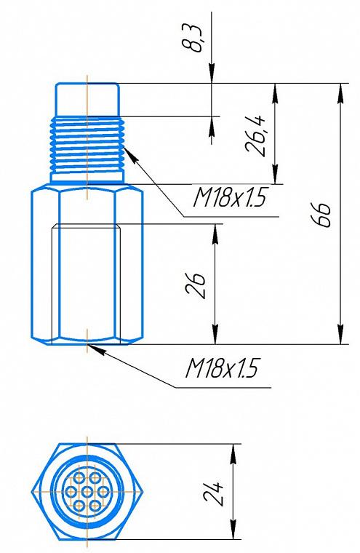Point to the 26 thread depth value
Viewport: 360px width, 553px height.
coord(195,285)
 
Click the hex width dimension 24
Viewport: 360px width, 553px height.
coord(213,492)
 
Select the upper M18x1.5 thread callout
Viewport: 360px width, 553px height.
coord(229,196)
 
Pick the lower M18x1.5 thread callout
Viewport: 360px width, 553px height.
coord(222,368)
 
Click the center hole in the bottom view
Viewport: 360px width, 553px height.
coord(87,492)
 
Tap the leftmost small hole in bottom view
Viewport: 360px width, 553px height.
coord(71,492)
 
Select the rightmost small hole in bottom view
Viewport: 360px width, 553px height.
coord(103,492)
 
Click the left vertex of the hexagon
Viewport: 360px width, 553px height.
coord(33,492)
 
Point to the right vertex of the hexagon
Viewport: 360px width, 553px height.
coord(142,492)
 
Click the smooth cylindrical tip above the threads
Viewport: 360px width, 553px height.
coord(87,100)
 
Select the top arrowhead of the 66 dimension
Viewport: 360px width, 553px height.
coord(340,93)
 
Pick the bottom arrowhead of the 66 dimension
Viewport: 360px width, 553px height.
coord(340,334)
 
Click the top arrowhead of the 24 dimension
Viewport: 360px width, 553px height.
coord(233,453)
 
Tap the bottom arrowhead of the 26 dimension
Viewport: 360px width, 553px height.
coord(215,334)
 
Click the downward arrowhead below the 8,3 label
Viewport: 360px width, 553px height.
coord(212,73)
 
